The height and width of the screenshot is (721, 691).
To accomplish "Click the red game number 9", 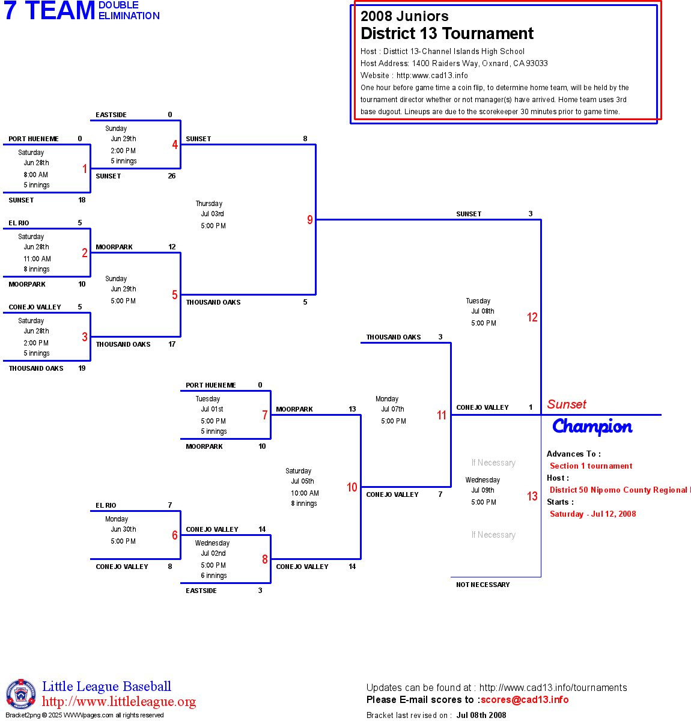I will coord(310,220).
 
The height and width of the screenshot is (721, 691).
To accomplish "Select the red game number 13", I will coord(532,496).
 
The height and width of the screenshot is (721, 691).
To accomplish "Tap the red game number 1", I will coord(85,169).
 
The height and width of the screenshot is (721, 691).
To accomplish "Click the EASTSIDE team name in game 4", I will coord(111,115).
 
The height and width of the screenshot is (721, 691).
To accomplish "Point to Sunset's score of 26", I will coord(172,176).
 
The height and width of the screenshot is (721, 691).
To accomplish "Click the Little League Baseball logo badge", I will coord(21,694).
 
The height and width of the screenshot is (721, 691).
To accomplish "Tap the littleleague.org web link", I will coord(119,702).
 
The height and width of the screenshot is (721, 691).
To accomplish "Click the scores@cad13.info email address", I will coord(525,699).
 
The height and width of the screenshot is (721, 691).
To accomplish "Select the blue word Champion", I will coord(592,427).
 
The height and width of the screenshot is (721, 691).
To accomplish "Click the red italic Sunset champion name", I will coord(567,404).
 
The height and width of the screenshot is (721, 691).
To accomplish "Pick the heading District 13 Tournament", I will coord(447,34).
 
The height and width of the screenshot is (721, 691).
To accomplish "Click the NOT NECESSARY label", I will coord(482,585).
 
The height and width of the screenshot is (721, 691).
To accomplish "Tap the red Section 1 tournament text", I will coord(591,466).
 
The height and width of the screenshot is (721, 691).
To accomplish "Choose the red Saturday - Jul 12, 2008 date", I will coord(592,514).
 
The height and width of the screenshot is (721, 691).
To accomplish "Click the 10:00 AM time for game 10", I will coord(305,493).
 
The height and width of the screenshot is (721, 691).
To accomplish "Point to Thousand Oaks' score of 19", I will coord(82,368).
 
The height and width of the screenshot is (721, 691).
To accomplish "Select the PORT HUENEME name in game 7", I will coord(211,385).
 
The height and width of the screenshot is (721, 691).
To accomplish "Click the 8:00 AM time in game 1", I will coord(36,175).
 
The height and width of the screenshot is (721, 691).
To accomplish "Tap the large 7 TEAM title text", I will coord(50,11).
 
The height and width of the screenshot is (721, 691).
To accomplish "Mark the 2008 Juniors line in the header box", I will coord(404,16).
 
